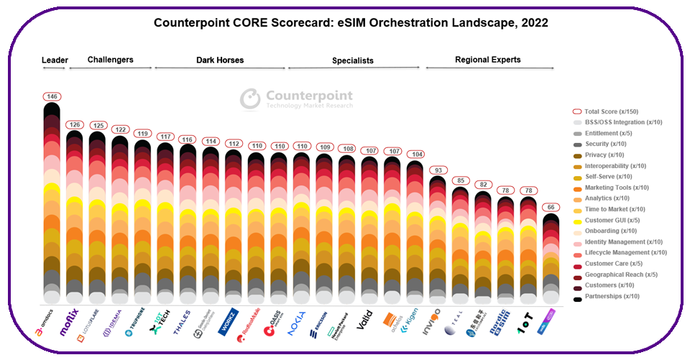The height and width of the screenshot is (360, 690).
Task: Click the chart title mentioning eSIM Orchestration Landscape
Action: [x=351, y=22]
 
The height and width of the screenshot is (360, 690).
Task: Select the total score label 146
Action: [x=52, y=97]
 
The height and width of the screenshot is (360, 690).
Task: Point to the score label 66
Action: [x=551, y=208]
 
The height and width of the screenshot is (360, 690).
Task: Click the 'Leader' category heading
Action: [x=54, y=60]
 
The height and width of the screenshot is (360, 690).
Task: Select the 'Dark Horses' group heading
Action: [x=220, y=60]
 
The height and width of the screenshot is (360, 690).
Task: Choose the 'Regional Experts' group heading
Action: [x=487, y=60]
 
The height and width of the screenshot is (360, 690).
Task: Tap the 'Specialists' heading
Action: [x=352, y=61]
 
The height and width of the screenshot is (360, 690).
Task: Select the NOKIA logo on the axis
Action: [x=295, y=320]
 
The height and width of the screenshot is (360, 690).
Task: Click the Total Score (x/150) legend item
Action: [x=612, y=112]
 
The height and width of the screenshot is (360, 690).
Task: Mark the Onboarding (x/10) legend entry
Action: [x=609, y=231]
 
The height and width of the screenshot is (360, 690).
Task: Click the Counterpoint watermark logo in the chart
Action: [x=296, y=99]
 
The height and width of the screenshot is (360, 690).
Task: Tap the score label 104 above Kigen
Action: [x=415, y=154]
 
